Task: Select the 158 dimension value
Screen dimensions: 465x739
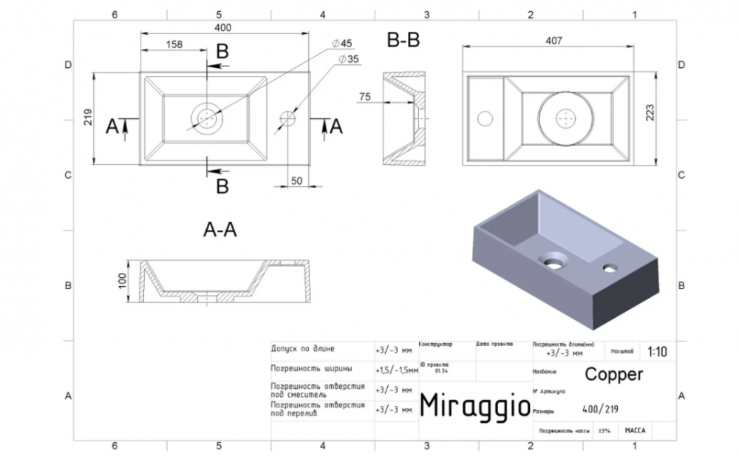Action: click(174, 45)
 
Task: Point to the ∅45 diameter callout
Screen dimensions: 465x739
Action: click(344, 41)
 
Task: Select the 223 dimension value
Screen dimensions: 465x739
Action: click(650, 113)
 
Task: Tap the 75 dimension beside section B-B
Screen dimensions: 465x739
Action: click(365, 97)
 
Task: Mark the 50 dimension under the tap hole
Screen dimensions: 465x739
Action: click(296, 180)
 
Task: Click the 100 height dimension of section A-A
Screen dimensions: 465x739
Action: click(123, 281)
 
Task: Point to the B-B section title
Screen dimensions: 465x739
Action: click(403, 41)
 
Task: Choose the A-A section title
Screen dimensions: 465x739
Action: click(219, 230)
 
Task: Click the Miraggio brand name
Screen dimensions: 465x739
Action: click(474, 404)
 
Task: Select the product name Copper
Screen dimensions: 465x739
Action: click(613, 374)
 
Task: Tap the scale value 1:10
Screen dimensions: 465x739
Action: click(657, 352)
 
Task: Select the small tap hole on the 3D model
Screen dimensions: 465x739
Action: click(610, 267)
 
